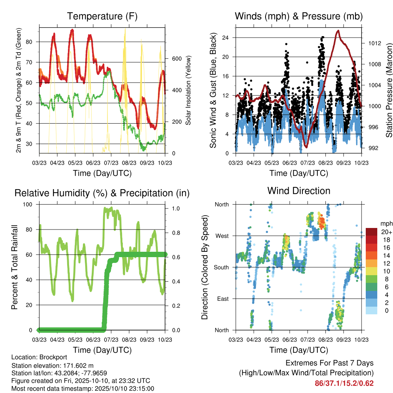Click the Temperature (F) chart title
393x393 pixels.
click(x=102, y=16)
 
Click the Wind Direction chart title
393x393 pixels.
click(x=299, y=191)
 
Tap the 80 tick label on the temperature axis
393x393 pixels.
click(x=29, y=42)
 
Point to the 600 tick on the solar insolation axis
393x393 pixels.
click(x=177, y=59)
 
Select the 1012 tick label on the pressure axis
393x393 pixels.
click(x=375, y=43)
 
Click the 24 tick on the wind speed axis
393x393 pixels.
click(x=225, y=38)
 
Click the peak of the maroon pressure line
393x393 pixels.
click(x=339, y=31)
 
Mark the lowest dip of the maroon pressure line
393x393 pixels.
click(x=306, y=147)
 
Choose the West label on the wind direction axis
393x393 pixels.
click(x=222, y=236)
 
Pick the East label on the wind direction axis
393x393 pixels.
click(x=223, y=299)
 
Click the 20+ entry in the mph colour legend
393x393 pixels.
click(x=386, y=232)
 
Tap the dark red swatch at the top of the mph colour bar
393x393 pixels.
click(x=372, y=232)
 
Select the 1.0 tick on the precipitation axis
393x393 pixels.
click(x=176, y=208)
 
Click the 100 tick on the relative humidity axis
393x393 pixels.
click(x=28, y=205)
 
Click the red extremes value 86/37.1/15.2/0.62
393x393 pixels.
click(x=344, y=383)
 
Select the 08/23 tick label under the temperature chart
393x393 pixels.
click(x=129, y=163)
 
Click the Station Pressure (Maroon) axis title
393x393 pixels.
click(x=389, y=90)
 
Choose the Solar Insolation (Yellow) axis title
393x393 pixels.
click(x=188, y=90)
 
